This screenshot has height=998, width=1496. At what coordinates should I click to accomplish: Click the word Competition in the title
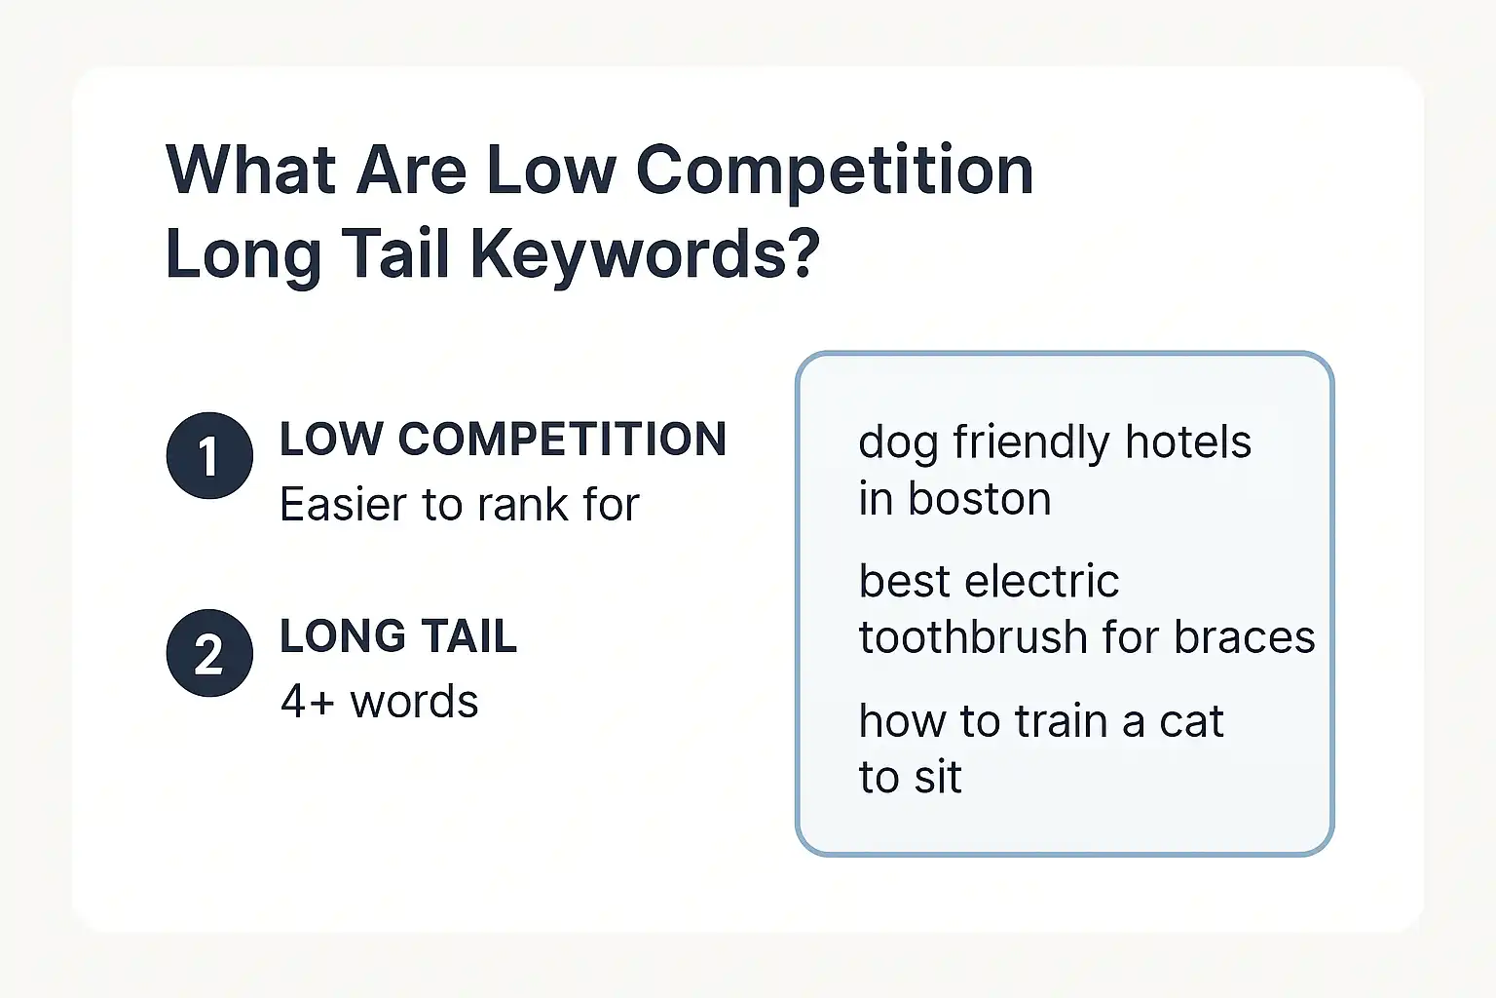[x=835, y=172]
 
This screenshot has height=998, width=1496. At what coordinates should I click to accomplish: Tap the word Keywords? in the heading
[x=645, y=255]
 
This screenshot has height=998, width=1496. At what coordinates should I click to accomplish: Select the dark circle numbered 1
[x=209, y=456]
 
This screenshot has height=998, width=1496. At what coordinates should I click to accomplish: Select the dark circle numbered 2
[x=209, y=653]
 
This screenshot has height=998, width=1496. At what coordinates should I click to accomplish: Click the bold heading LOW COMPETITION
[x=503, y=440]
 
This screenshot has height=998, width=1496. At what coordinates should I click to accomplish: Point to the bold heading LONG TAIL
[x=397, y=636]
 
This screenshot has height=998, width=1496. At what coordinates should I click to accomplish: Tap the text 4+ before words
[x=308, y=702]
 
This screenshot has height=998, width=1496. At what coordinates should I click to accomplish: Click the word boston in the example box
[x=979, y=500]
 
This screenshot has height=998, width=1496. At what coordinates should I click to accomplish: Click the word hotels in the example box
[x=1187, y=442]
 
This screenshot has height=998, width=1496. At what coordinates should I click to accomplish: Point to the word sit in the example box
[x=937, y=778]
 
